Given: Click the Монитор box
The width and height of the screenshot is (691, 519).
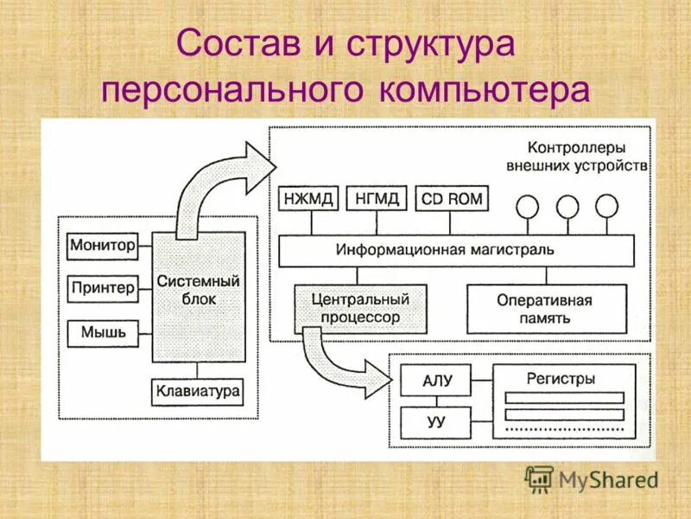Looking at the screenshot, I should (103, 246).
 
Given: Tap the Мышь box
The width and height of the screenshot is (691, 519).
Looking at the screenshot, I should (103, 333).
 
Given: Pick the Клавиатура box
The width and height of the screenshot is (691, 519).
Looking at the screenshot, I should (198, 392).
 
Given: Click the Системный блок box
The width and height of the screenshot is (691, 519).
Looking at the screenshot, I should (199, 294).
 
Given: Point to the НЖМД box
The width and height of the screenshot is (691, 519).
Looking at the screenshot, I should (307, 199).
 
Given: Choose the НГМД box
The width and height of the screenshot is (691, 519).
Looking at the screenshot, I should (377, 199).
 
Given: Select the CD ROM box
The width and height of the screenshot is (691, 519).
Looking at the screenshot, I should (451, 199).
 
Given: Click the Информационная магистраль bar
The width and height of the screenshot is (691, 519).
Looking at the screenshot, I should (456, 251).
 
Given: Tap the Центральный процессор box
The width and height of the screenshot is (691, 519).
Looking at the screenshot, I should (360, 309).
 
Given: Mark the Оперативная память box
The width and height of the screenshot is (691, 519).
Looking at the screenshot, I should (544, 309).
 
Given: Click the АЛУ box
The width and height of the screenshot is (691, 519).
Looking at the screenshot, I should (437, 381).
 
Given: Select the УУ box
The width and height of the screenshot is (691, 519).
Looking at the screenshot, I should (437, 424).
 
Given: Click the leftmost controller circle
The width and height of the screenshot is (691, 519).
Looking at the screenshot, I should (527, 206).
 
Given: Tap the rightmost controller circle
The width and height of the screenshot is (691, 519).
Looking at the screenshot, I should (607, 206).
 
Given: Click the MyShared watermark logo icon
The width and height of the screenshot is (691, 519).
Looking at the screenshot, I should (539, 478).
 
